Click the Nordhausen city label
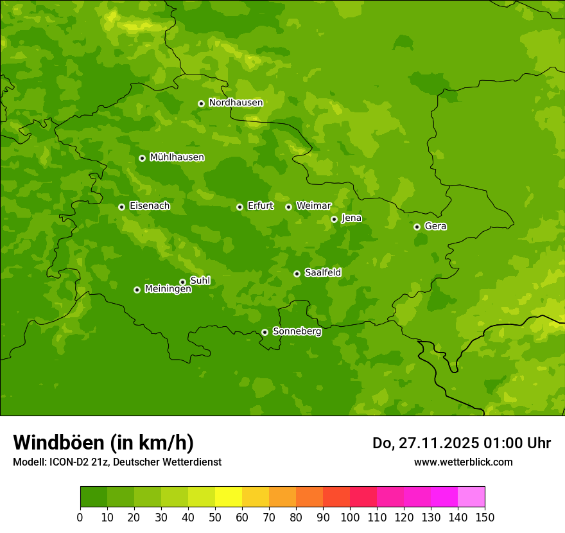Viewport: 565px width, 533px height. click(x=236, y=103)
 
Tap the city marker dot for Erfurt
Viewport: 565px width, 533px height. click(x=239, y=207)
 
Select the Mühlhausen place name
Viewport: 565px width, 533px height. click(x=177, y=157)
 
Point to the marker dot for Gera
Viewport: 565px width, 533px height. click(x=417, y=227)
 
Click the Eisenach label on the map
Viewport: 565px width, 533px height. click(x=149, y=206)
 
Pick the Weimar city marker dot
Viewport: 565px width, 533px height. click(x=288, y=207)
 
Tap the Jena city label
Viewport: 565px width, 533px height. click(x=351, y=218)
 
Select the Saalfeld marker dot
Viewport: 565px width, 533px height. click(x=297, y=274)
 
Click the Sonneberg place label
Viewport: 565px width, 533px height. click(x=297, y=331)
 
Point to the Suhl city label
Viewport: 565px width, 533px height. click(x=200, y=281)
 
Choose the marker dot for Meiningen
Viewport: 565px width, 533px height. click(x=137, y=290)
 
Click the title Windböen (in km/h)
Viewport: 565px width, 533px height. click(x=103, y=442)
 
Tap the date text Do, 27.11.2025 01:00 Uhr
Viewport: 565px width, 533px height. click(x=462, y=443)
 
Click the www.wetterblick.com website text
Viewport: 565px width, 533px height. click(x=463, y=462)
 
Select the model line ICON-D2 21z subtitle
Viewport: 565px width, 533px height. click(x=117, y=462)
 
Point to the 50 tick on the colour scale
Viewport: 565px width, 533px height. click(x=215, y=517)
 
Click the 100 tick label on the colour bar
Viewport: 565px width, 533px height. click(x=350, y=517)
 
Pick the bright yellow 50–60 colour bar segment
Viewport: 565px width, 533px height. click(x=229, y=497)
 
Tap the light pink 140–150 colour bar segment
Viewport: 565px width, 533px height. click(x=471, y=497)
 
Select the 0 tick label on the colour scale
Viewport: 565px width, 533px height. click(x=80, y=517)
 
